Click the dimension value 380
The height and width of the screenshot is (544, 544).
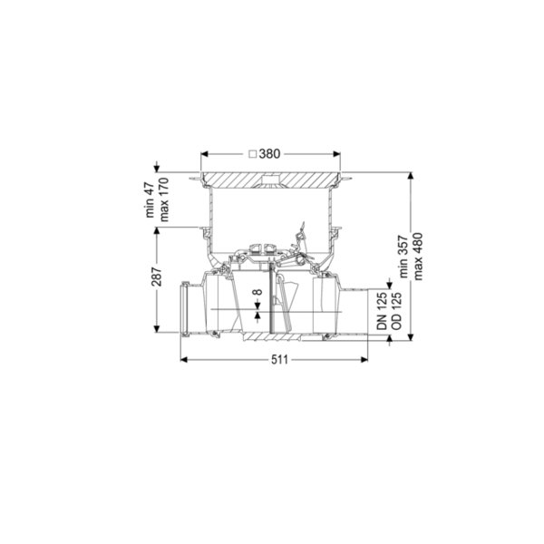269,154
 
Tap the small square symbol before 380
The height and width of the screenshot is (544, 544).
253,154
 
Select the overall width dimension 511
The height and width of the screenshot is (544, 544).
279,359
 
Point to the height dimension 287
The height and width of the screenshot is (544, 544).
158,277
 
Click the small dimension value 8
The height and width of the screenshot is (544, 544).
257,292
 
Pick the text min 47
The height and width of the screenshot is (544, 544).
150,199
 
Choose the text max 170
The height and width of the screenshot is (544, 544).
163,199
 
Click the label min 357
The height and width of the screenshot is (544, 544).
403,257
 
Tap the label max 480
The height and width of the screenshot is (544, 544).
418,257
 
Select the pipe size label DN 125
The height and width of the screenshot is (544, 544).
382,311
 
